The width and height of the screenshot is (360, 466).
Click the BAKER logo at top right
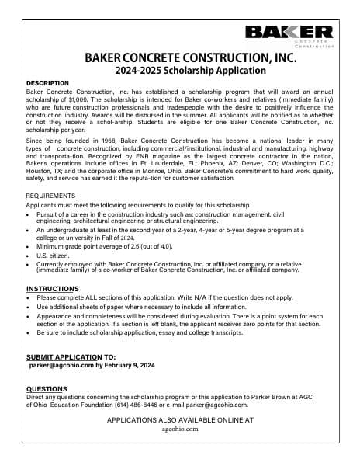coord(289,33)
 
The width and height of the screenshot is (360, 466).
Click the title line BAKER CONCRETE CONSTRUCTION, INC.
coord(180,58)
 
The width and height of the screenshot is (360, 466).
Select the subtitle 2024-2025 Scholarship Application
coord(180,70)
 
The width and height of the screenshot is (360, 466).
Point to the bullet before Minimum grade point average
coord(29,245)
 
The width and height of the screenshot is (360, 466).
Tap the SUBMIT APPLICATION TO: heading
coord(71,356)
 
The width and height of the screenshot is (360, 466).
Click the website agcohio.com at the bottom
coord(180,429)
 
